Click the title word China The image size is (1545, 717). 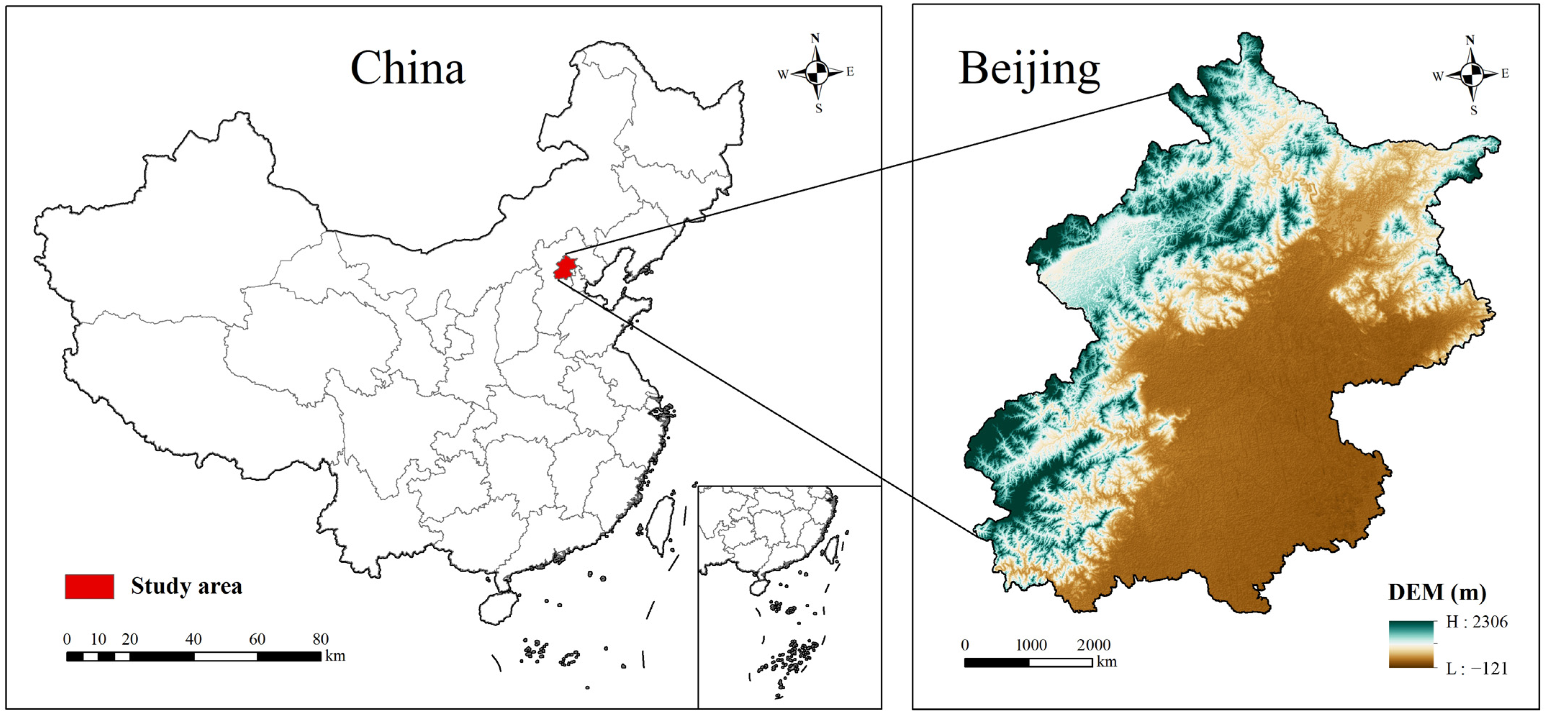point(407,68)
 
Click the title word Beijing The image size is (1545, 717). point(1029,69)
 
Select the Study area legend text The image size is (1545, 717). point(186,586)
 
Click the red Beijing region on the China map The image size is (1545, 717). point(564,268)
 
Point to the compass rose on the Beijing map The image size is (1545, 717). point(1471,75)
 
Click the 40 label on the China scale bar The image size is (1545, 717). point(193,639)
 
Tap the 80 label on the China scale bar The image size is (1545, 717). point(320,639)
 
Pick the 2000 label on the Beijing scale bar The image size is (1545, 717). point(1093,645)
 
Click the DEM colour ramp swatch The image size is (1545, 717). point(1411,644)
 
